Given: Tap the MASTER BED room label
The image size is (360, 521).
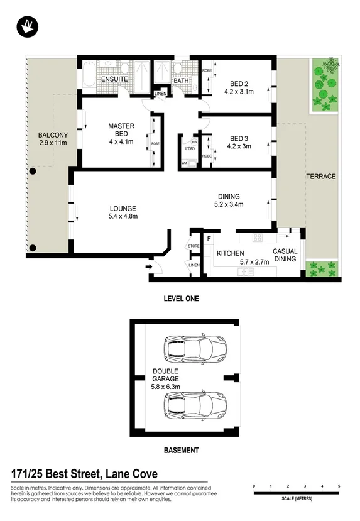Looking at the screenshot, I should pyautogui.click(x=121, y=131).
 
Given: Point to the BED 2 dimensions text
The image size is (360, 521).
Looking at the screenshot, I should pyautogui.click(x=239, y=91).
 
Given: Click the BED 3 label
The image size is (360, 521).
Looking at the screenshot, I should pyautogui.click(x=239, y=139).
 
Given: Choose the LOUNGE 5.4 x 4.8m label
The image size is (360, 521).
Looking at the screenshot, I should pyautogui.click(x=123, y=212).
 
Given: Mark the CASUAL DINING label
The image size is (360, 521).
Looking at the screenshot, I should pyautogui.click(x=285, y=255).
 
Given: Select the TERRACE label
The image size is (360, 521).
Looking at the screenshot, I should pyautogui.click(x=321, y=177).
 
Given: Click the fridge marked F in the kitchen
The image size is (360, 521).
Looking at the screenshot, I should pyautogui.click(x=208, y=239).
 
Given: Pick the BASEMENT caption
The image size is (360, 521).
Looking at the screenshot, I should pyautogui.click(x=181, y=451).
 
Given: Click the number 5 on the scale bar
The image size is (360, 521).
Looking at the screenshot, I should pyautogui.click(x=339, y=486).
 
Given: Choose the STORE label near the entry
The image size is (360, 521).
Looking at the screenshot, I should pyautogui.click(x=193, y=246).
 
